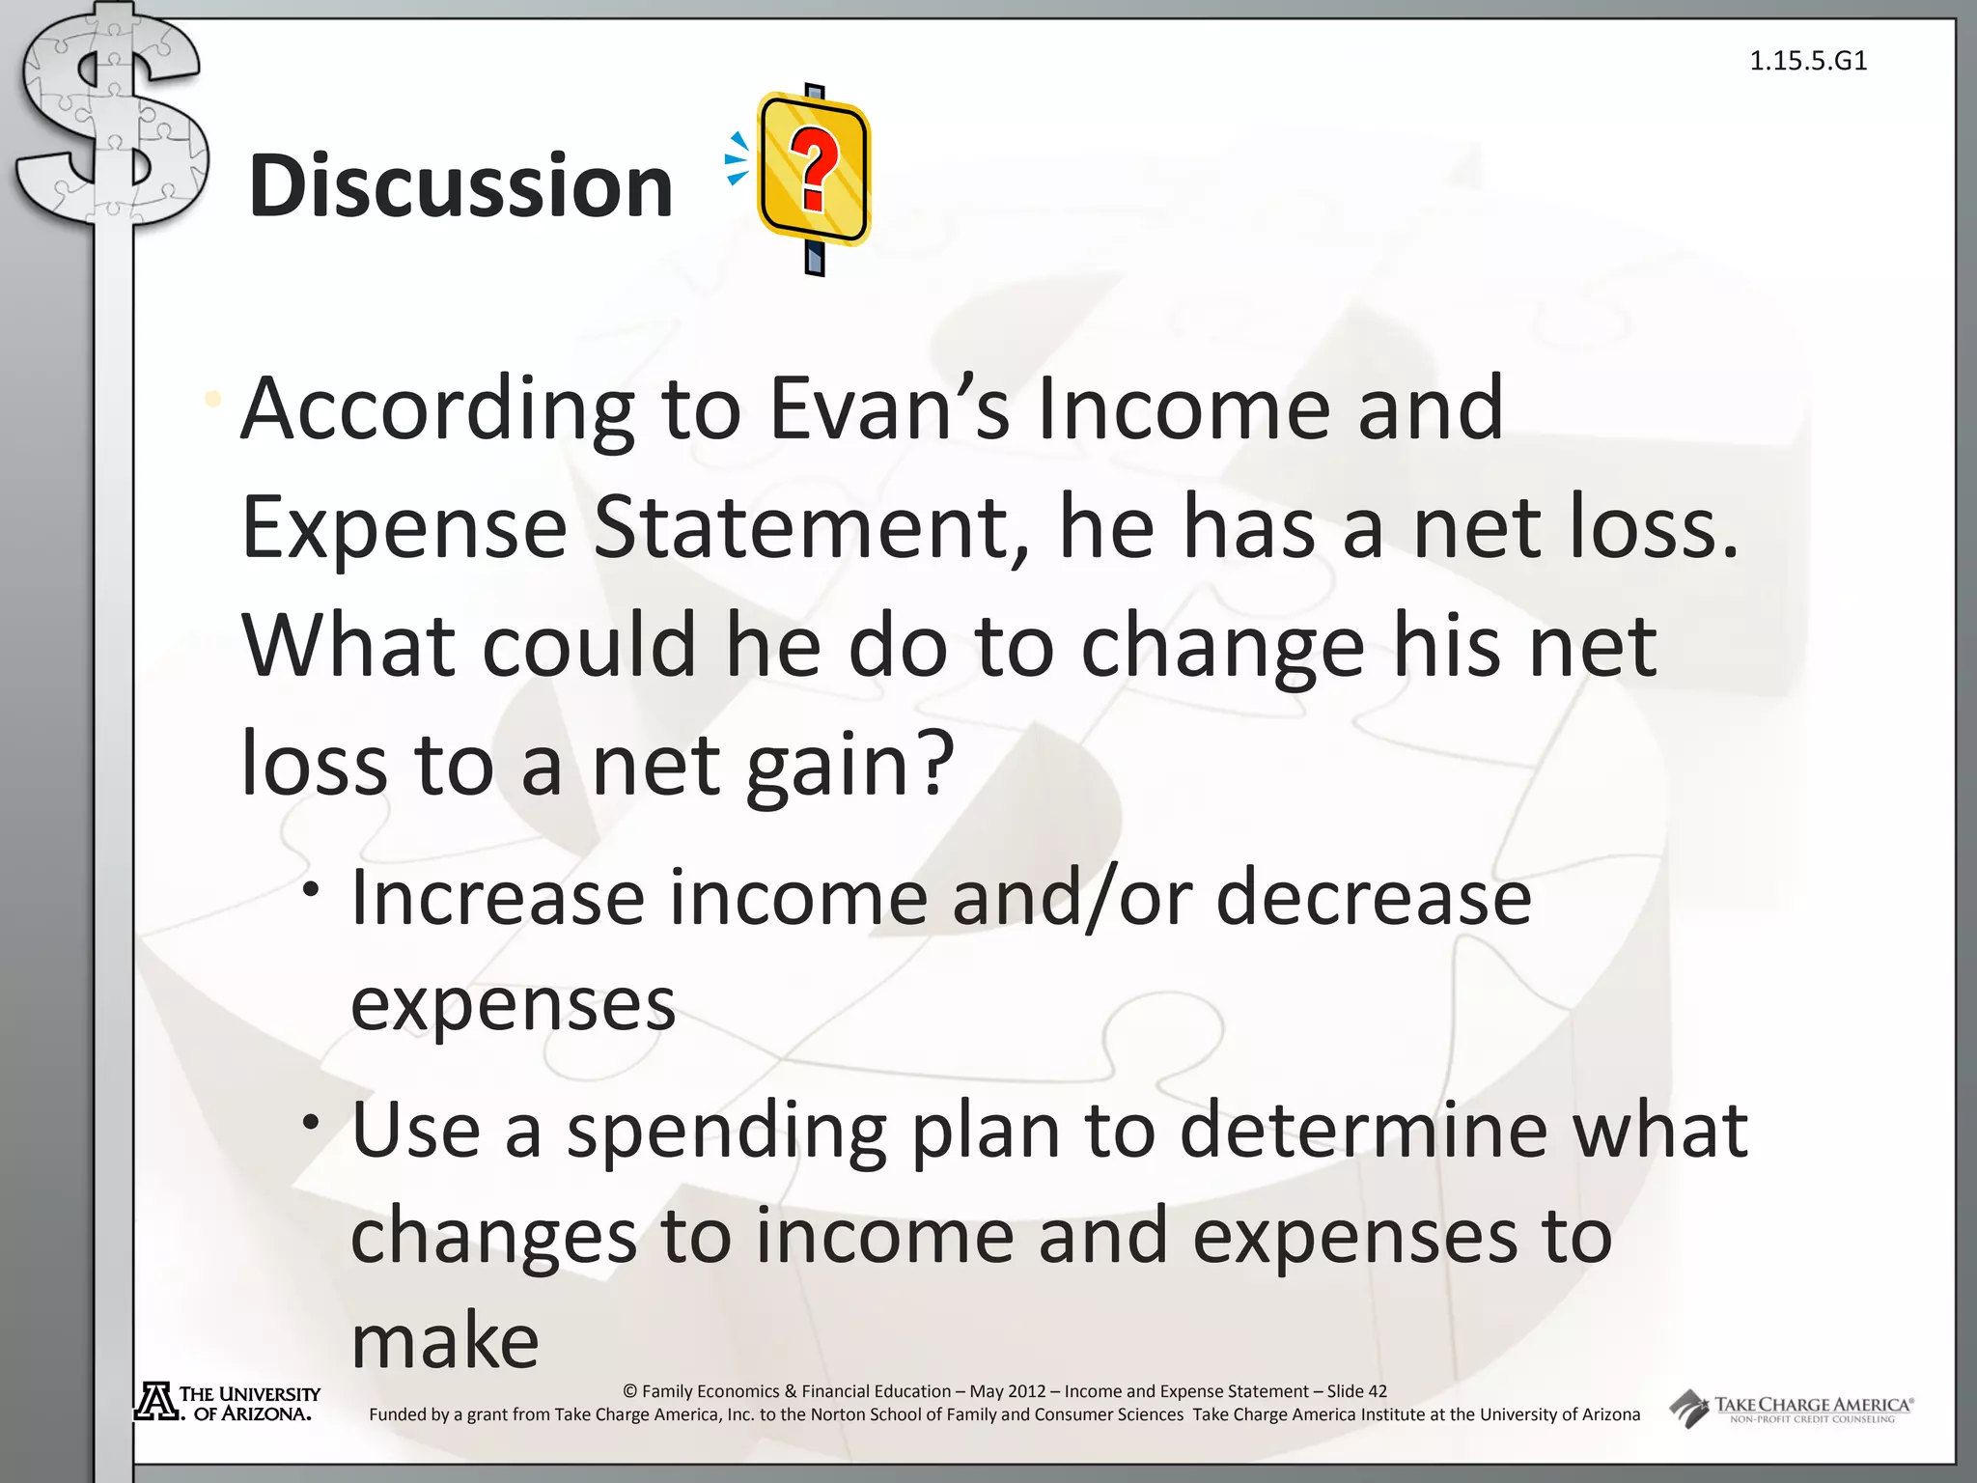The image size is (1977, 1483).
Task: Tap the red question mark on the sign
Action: tap(814, 171)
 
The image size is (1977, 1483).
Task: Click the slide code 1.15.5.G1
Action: tap(1808, 61)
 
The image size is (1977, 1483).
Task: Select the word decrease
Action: tap(1373, 898)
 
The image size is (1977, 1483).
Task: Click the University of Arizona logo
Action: tap(228, 1403)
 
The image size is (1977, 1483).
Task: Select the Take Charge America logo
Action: tap(1792, 1409)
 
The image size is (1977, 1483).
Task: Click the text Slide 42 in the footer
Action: tap(1356, 1391)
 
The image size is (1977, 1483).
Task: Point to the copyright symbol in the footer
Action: tap(630, 1391)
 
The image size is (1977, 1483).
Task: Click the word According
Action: tap(437, 408)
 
